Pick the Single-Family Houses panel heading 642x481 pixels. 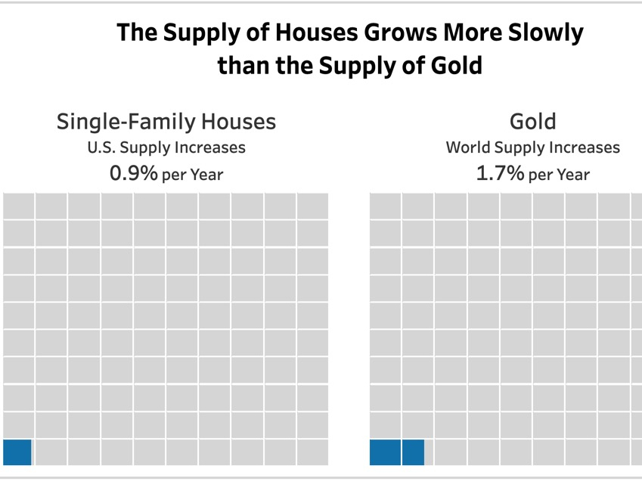tap(166, 122)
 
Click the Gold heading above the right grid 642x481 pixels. tap(533, 122)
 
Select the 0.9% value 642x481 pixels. tap(134, 173)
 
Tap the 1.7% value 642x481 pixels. tap(500, 173)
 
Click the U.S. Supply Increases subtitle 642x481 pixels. tap(166, 147)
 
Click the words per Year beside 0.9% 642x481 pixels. tap(193, 175)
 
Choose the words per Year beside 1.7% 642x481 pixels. tap(559, 175)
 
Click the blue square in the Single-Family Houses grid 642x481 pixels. tap(17, 452)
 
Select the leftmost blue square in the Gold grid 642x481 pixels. tap(384, 452)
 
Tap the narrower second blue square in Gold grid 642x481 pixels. tap(413, 452)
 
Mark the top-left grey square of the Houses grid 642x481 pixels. tap(18, 206)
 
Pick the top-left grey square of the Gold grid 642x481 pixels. tap(385, 206)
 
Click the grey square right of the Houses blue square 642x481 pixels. tap(51, 452)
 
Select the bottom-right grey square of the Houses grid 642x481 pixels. tap(312, 452)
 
